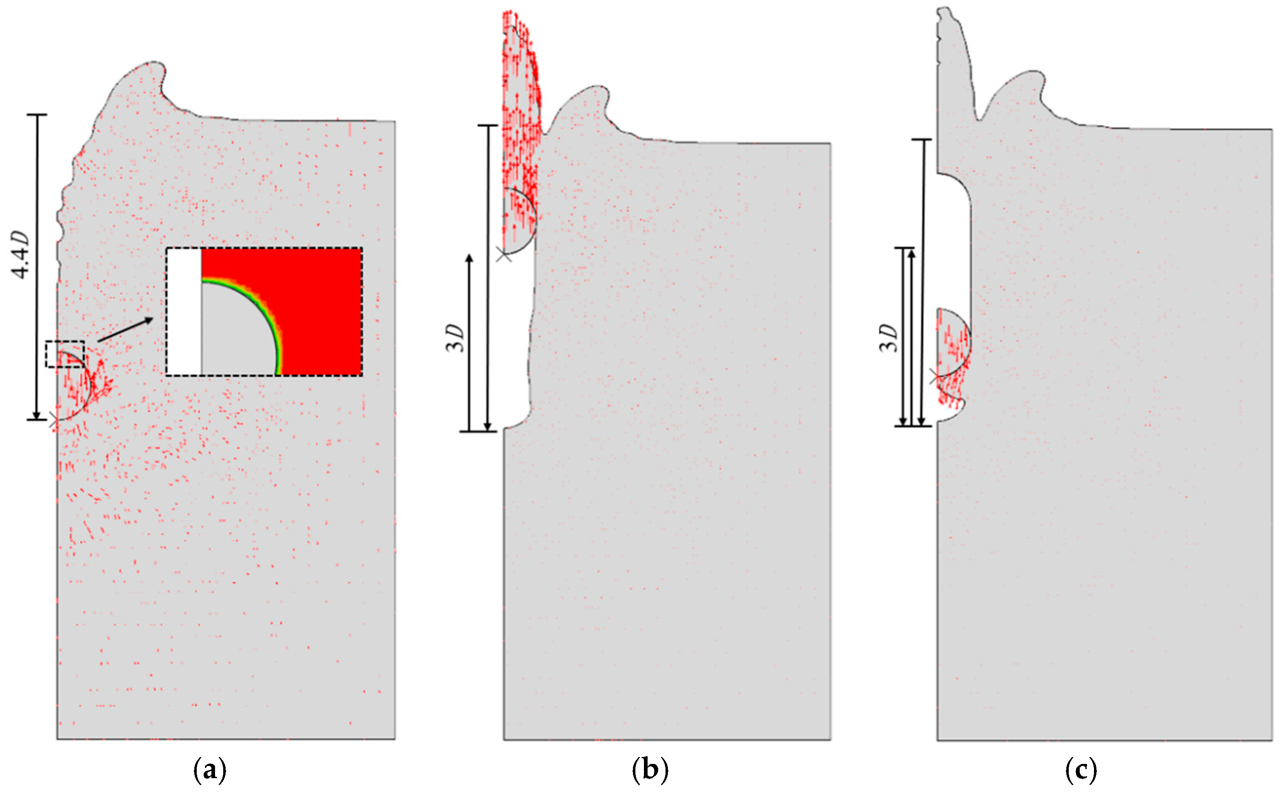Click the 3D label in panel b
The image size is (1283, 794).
pos(456,339)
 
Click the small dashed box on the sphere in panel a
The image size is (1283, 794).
pos(65,355)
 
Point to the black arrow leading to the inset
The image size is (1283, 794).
pos(126,329)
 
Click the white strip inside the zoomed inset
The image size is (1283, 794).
pos(184,311)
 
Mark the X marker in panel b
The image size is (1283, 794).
pos(505,256)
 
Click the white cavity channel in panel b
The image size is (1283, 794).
pos(518,342)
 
